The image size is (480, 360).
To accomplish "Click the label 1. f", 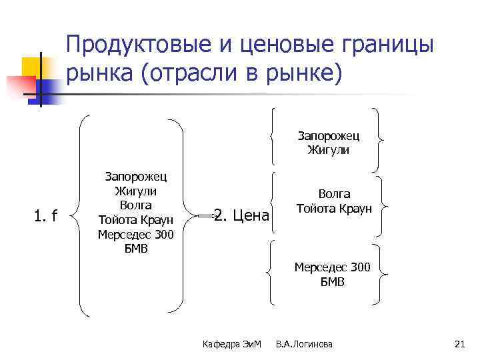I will (46, 216).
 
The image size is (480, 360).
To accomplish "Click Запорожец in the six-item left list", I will (135, 176).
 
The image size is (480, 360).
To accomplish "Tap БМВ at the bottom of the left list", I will (135, 249).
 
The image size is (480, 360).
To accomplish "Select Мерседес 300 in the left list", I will (135, 234).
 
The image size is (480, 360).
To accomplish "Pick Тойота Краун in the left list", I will (135, 219).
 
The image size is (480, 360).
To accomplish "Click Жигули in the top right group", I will (328, 150).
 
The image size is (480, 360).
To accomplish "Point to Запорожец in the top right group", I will (328, 136).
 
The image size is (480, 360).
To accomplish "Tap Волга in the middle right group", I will (334, 194).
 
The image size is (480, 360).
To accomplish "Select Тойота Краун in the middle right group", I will (334, 208).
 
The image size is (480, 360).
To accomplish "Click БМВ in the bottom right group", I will (331, 282).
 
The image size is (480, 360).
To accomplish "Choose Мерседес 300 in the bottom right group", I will (331, 267).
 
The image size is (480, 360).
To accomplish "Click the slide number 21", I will (458, 344).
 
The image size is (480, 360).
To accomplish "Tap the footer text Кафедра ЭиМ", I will (233, 344).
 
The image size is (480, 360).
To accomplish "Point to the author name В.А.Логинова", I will (304, 344).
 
